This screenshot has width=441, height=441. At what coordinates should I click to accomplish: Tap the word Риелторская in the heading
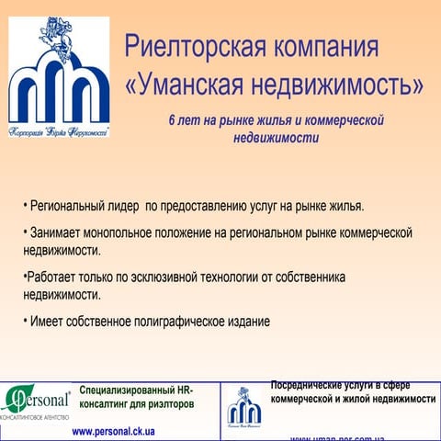[x=192, y=46]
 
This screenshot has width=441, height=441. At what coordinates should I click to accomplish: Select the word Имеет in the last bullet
[x=48, y=322]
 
